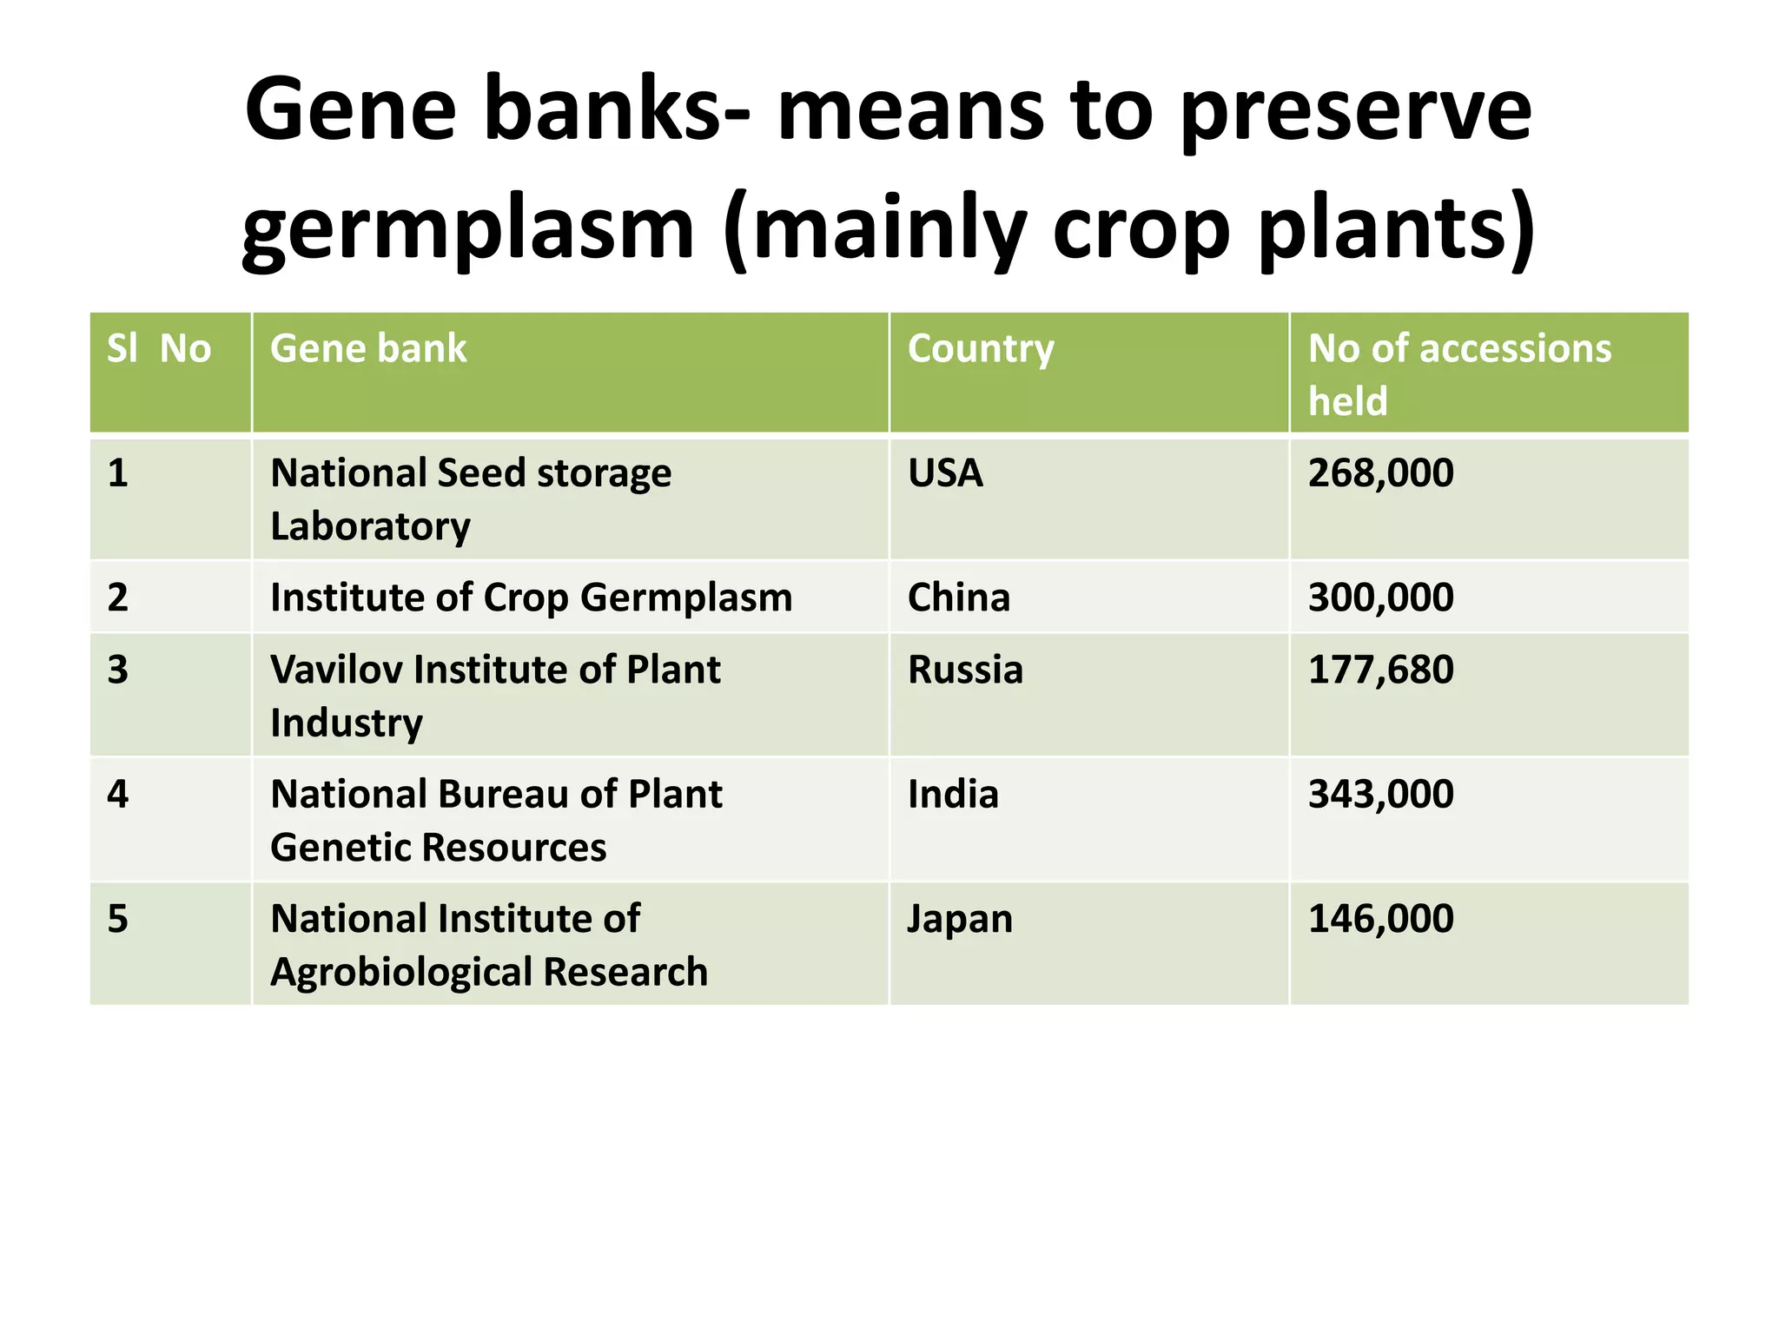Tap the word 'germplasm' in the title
467,228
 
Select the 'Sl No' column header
159,349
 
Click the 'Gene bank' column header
368,349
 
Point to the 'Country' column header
981,349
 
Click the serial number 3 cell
118,670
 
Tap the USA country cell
945,473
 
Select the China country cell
959,598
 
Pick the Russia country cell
965,670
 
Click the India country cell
953,795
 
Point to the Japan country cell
960,919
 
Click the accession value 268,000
1380,473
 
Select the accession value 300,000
1380,598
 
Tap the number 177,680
1380,670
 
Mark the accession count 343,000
1380,795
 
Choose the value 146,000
1380,919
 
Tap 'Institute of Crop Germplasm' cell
531,598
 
